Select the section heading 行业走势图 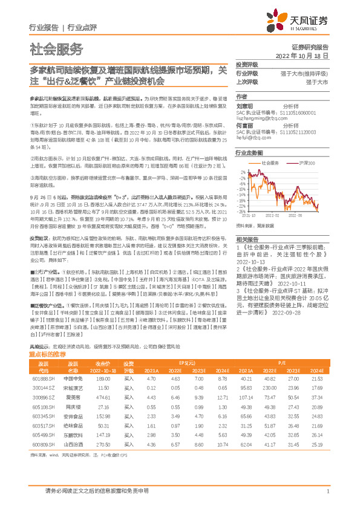(249, 154)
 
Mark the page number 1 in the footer (327, 491)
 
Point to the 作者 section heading (241, 96)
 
